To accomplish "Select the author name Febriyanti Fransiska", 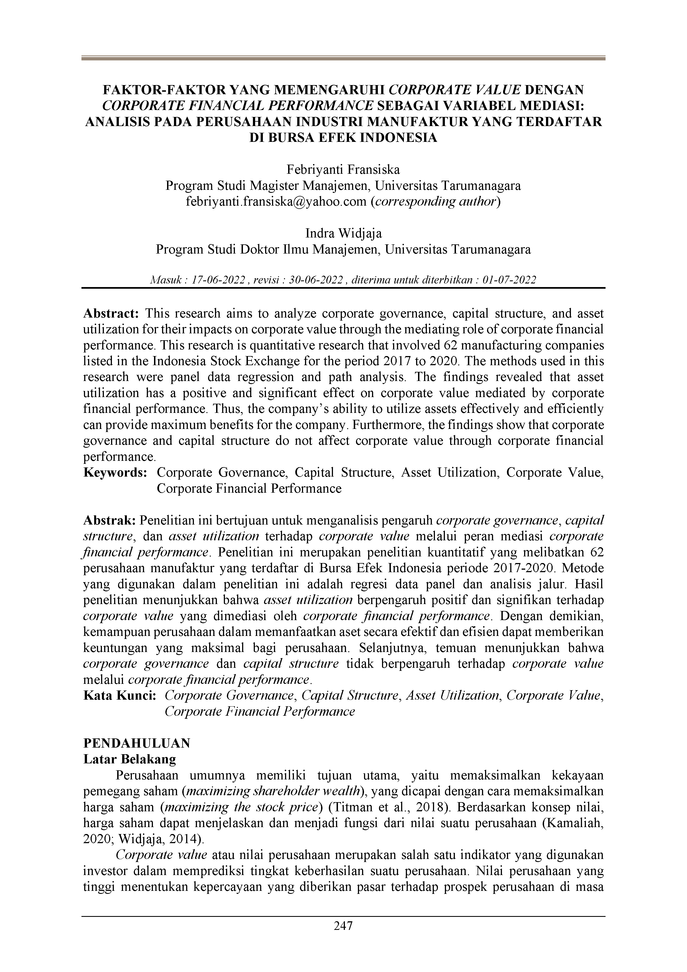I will coord(343,170).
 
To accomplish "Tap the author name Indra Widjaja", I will coord(343,233).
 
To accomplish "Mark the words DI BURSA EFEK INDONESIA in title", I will coord(343,138).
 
